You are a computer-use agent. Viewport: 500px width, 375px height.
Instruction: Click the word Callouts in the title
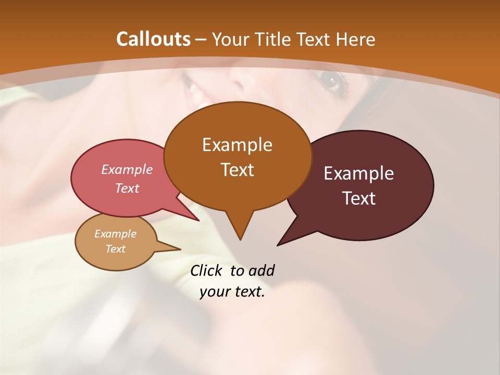(x=153, y=39)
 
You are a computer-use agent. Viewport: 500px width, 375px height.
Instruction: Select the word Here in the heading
(x=355, y=40)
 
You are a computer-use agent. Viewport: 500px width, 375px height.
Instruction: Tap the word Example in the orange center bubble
(x=237, y=145)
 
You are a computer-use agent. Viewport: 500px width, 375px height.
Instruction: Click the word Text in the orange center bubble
(x=237, y=170)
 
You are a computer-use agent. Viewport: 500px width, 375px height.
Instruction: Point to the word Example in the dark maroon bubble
(x=359, y=173)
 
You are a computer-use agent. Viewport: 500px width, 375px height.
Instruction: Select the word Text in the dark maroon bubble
(x=359, y=198)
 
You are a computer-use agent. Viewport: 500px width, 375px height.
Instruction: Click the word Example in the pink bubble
(x=127, y=169)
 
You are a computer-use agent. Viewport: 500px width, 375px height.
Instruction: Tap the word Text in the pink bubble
(x=127, y=188)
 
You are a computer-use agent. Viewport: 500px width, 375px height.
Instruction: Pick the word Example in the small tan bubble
(x=115, y=234)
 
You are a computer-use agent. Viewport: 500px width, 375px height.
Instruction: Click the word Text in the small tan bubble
(x=115, y=249)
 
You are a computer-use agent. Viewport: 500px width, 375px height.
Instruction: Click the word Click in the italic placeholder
(x=206, y=270)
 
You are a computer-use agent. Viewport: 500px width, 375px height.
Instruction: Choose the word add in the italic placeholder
(x=261, y=270)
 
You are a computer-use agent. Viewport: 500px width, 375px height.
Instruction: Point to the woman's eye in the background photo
(x=330, y=81)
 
